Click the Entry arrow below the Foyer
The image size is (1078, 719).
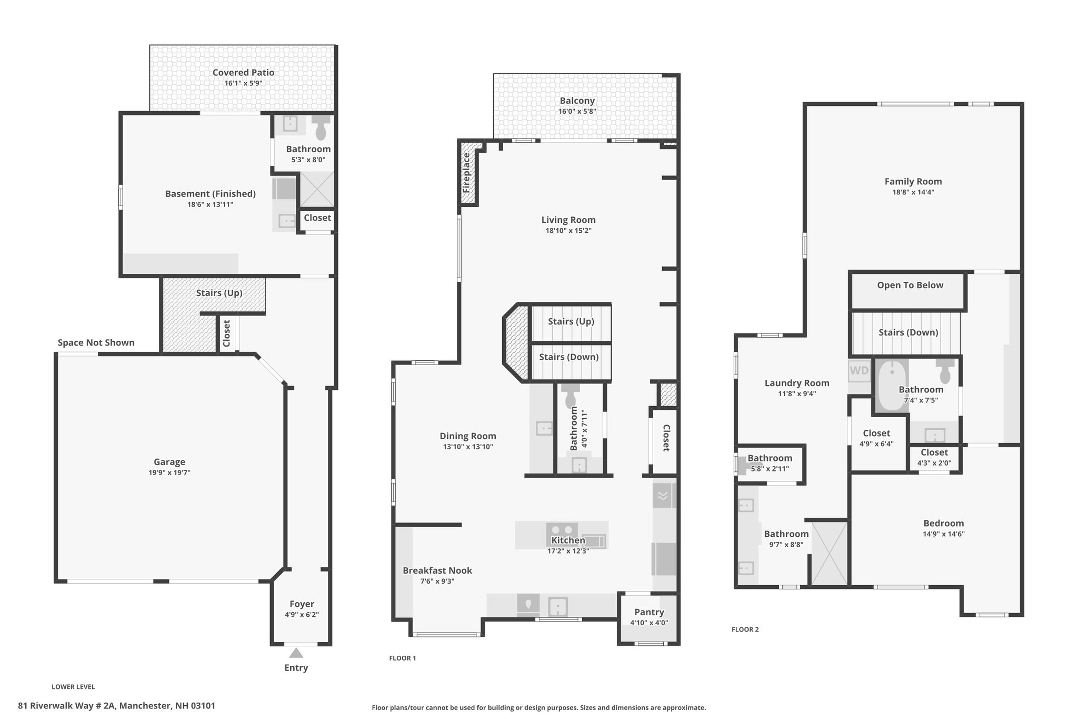(296, 653)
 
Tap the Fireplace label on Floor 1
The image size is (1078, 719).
(466, 172)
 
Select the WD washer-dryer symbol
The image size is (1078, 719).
(859, 370)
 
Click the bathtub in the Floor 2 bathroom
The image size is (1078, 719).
(892, 385)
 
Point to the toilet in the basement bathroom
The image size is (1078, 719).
(321, 127)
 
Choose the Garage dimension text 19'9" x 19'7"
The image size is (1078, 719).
(169, 472)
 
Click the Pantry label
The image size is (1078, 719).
(649, 612)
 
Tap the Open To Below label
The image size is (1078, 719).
(910, 285)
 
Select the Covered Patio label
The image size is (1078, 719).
(243, 73)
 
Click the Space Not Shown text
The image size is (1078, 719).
(96, 342)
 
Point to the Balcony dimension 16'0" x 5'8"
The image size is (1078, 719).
(577, 111)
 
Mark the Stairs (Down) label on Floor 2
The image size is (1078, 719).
(909, 332)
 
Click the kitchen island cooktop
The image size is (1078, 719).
(562, 530)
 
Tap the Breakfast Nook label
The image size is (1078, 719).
(437, 570)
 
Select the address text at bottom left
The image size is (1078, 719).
(117, 706)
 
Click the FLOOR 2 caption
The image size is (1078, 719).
(745, 629)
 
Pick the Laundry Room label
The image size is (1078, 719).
(797, 383)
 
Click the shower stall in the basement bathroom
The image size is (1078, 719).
(317, 189)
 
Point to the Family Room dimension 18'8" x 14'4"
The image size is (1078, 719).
(913, 192)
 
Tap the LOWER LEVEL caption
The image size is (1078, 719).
(73, 687)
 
